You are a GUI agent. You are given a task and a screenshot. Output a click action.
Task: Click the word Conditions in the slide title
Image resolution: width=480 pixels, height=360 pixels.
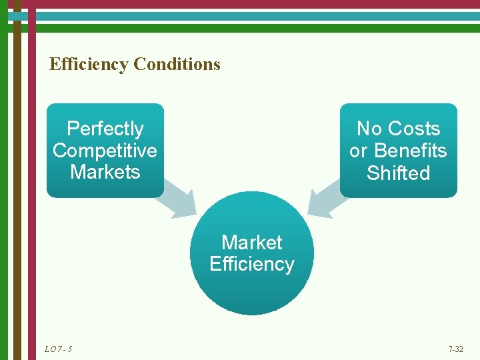(x=177, y=64)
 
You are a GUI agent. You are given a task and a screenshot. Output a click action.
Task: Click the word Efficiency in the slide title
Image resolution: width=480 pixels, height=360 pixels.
(x=89, y=64)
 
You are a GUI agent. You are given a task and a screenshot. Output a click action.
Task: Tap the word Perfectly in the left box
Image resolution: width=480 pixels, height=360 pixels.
(x=105, y=128)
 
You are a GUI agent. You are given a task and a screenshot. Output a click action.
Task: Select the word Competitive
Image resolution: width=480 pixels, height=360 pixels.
(x=105, y=150)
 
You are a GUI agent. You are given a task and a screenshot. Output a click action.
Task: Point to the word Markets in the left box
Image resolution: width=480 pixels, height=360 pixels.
(x=105, y=172)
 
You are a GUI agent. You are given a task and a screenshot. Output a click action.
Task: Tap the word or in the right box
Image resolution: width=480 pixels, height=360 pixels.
(x=358, y=151)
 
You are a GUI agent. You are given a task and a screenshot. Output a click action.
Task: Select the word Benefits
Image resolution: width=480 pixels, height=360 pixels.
(x=410, y=151)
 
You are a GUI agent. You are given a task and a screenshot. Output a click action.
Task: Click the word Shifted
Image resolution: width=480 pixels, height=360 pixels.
(x=398, y=173)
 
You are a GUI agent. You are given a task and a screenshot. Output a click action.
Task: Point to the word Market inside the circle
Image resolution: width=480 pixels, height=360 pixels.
(x=252, y=242)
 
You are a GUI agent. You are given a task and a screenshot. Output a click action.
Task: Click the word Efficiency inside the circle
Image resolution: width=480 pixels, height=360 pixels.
(x=252, y=264)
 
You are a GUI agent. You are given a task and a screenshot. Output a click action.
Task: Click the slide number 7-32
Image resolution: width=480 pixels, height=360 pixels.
(x=456, y=349)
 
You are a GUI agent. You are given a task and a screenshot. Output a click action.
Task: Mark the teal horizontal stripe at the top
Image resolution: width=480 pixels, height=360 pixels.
(x=253, y=16)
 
